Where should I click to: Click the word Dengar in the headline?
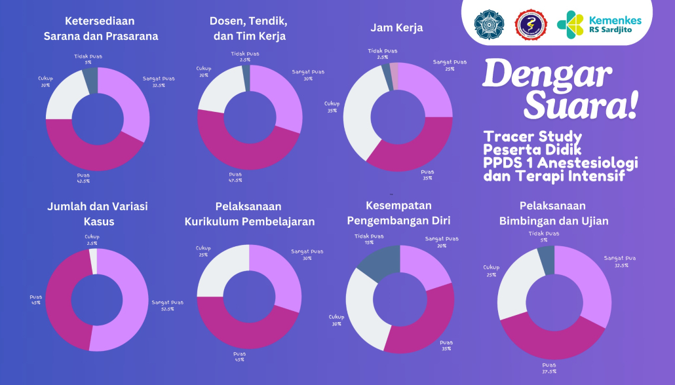pyautogui.click(x=547, y=75)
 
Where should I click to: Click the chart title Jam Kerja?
pyautogui.click(x=396, y=28)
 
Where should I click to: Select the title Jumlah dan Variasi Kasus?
pyautogui.click(x=98, y=214)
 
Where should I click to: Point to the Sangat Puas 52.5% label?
pyautogui.click(x=167, y=305)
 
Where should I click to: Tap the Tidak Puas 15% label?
pyautogui.click(x=370, y=239)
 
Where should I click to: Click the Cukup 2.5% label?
pyautogui.click(x=92, y=240)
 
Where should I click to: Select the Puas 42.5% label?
pyautogui.click(x=83, y=178)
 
